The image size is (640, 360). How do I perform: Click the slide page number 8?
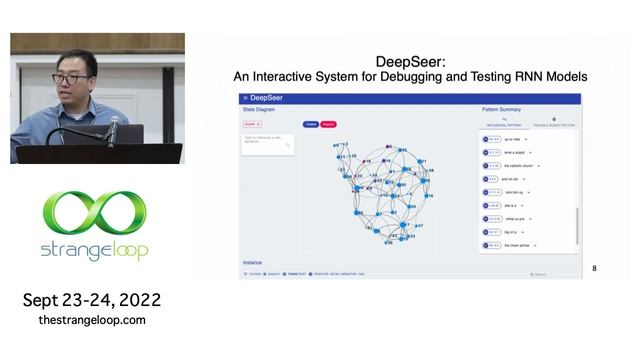pyautogui.click(x=594, y=269)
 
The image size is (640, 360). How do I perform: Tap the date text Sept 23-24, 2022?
pyautogui.click(x=92, y=300)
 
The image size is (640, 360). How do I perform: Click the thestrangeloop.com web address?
pyautogui.click(x=92, y=320)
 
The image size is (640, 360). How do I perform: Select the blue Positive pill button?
pyautogui.click(x=311, y=125)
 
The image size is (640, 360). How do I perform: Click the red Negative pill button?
pyautogui.click(x=328, y=125)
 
